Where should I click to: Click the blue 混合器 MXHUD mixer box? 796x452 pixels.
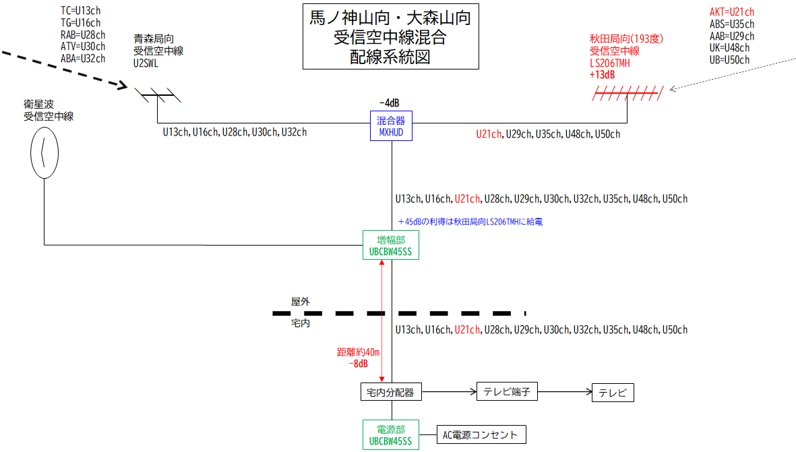[x=391, y=126]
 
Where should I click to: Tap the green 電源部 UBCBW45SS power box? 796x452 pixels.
[x=390, y=434]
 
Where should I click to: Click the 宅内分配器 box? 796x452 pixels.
[x=390, y=392]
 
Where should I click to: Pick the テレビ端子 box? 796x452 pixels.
[x=507, y=391]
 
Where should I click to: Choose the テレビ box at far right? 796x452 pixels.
[x=613, y=393]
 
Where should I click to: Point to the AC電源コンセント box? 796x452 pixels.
[x=481, y=434]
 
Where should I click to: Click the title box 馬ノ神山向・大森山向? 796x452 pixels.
[x=390, y=37]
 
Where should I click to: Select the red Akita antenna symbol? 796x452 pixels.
[x=627, y=94]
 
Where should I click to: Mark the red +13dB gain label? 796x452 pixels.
[x=602, y=75]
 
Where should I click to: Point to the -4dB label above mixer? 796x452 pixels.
[x=390, y=103]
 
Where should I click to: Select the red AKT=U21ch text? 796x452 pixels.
[x=731, y=11]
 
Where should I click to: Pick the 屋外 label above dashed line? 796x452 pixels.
[x=300, y=302]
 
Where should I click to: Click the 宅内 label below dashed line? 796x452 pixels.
[x=300, y=324]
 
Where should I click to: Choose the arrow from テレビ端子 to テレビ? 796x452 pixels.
[x=565, y=391]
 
